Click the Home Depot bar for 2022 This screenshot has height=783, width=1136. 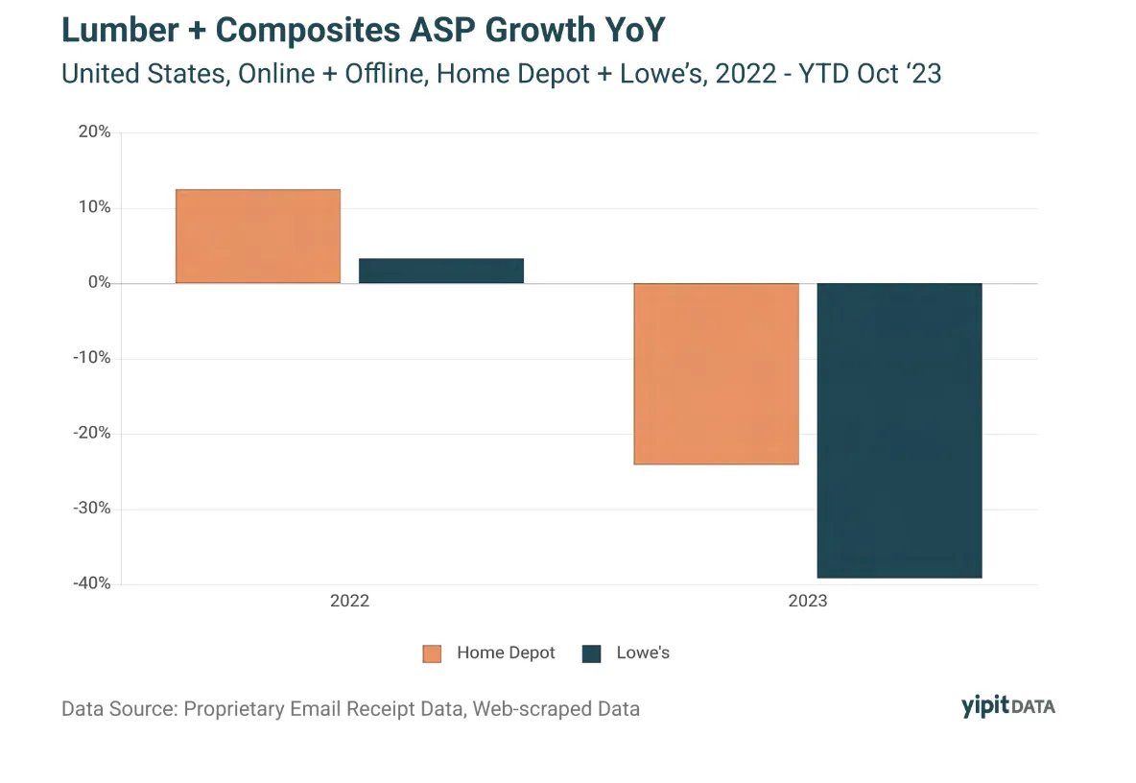click(258, 236)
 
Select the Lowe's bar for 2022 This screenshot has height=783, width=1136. click(441, 271)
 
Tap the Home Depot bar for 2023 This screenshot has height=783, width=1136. click(717, 374)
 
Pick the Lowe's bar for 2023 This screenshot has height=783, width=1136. click(900, 430)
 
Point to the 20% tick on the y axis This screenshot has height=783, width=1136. click(95, 131)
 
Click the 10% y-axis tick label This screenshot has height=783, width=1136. click(95, 207)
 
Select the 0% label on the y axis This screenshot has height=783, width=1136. click(99, 282)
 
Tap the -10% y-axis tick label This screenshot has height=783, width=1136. click(92, 358)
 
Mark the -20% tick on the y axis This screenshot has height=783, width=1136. click(92, 433)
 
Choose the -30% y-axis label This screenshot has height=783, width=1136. click(92, 509)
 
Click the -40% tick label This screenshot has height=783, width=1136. click(92, 583)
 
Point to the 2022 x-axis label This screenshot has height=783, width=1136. click(350, 602)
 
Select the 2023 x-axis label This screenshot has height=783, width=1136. click(808, 602)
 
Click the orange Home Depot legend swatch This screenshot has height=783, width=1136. click(432, 654)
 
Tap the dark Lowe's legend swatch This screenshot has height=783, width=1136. click(592, 654)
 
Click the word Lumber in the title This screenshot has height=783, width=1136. click(120, 31)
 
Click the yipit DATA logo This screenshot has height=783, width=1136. click(1007, 706)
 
